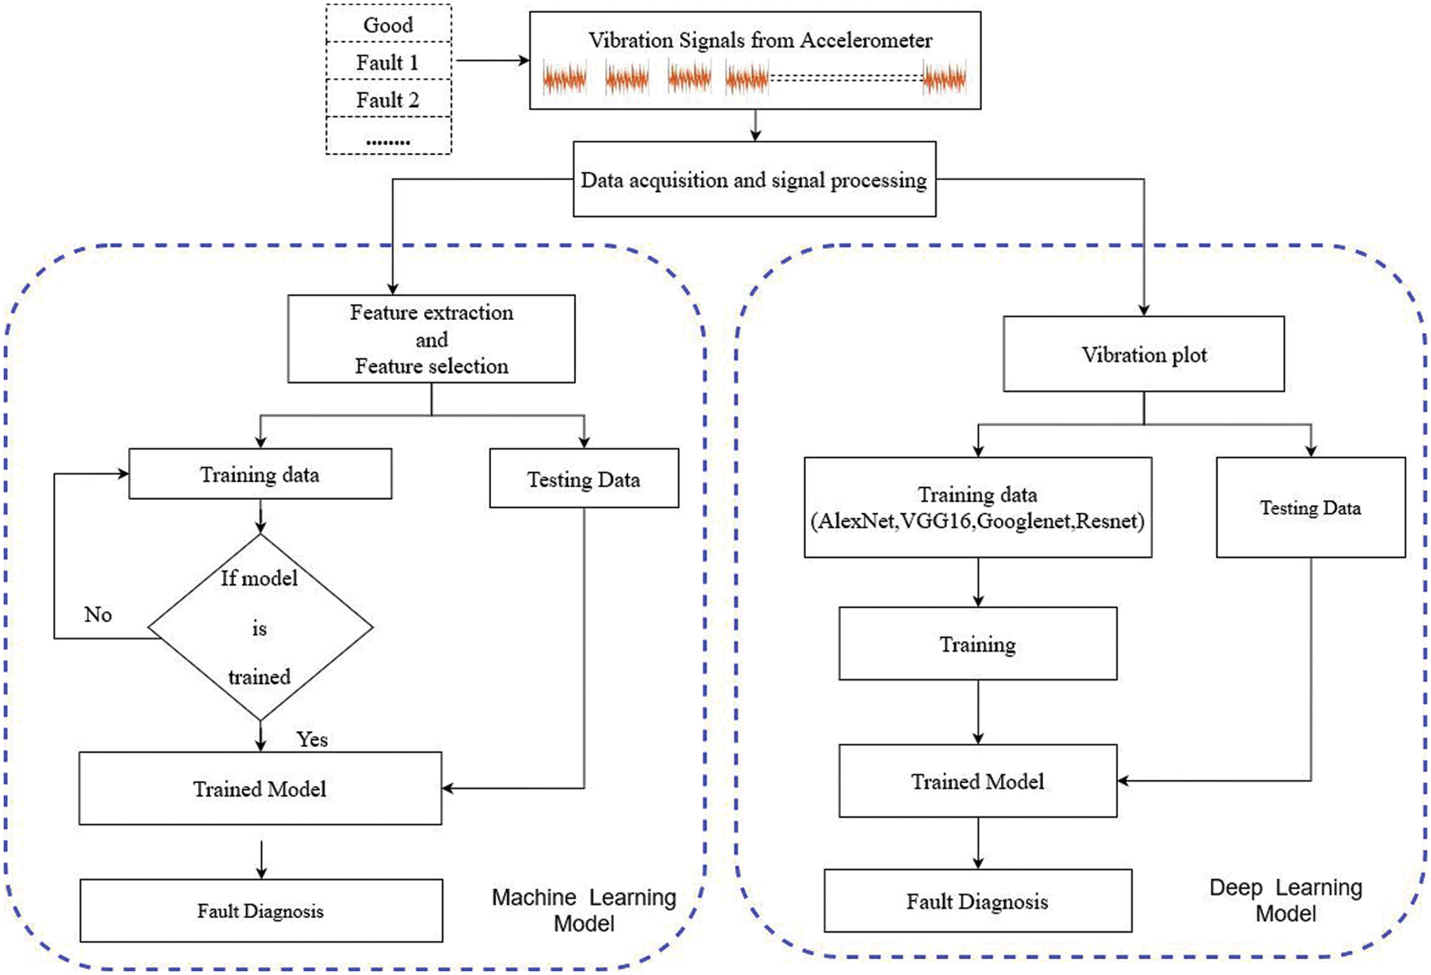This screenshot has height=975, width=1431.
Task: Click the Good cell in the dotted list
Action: [388, 25]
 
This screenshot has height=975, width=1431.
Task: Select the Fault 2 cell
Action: [388, 99]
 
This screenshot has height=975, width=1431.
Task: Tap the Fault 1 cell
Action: [388, 62]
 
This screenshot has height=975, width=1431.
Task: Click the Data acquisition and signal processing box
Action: [754, 180]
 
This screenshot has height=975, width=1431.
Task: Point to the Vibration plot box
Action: [1143, 354]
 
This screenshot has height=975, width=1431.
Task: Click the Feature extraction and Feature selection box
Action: [432, 339]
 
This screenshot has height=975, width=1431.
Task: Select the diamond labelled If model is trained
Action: [260, 627]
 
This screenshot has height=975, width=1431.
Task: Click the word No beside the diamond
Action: [98, 614]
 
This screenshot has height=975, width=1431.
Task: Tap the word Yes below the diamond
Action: [312, 739]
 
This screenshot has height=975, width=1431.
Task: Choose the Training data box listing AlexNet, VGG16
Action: [978, 507]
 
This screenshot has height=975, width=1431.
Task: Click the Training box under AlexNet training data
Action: [978, 644]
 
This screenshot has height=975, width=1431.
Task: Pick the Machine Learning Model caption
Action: [584, 910]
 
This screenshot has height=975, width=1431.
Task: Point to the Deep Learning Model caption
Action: [1286, 900]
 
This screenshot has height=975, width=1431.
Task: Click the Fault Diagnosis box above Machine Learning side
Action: [261, 911]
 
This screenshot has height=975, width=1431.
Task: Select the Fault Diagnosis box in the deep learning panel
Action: [978, 901]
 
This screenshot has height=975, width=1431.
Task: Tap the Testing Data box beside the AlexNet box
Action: [1310, 507]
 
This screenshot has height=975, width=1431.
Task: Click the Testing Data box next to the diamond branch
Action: [584, 479]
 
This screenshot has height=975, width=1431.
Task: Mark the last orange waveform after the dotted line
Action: [944, 78]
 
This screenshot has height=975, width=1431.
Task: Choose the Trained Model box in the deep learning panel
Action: [978, 782]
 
